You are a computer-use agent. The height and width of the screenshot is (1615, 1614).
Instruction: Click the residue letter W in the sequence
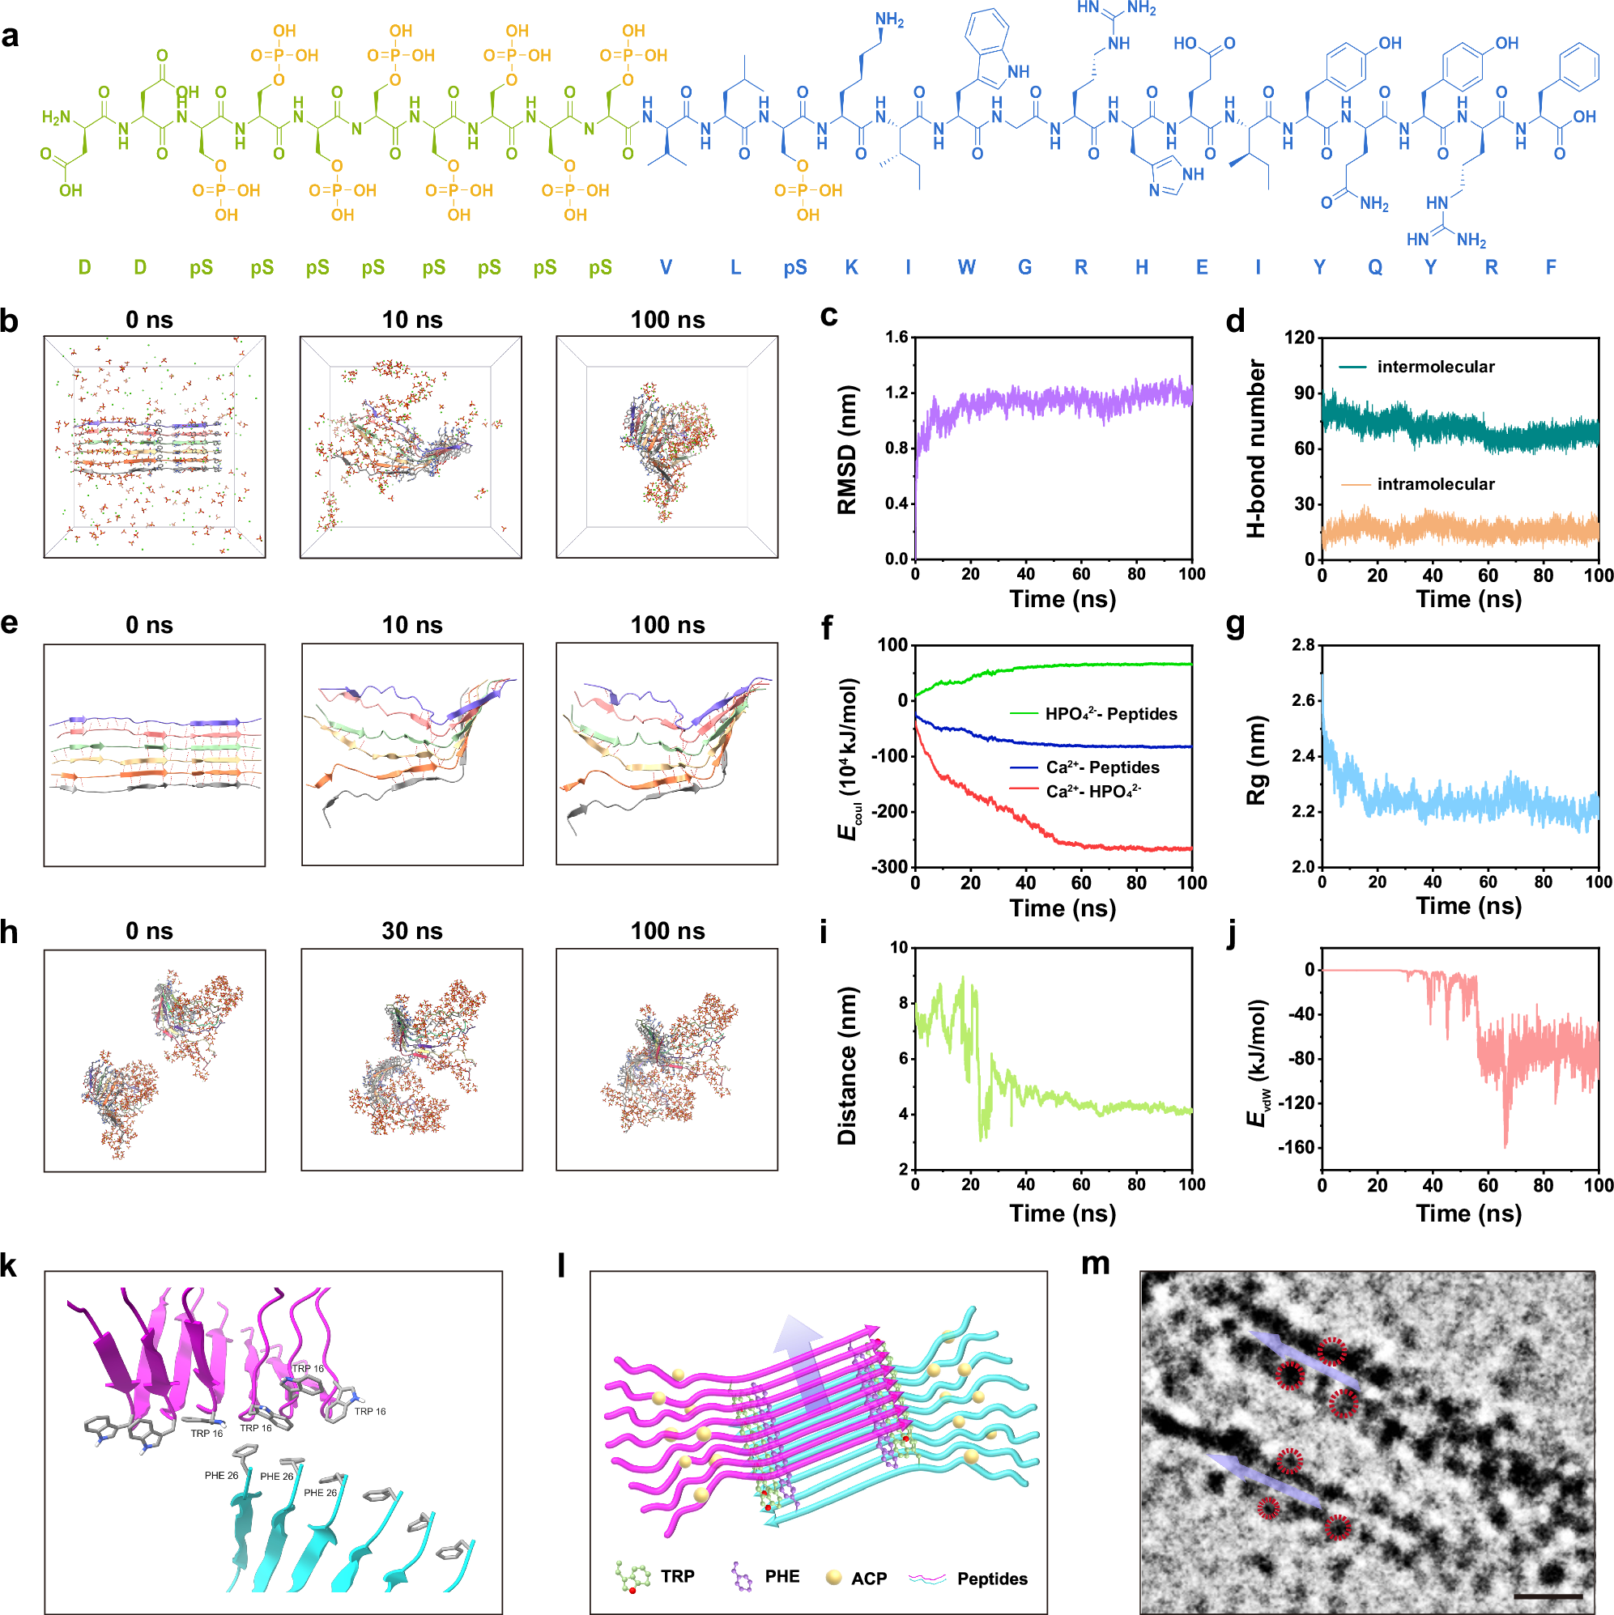click(966, 267)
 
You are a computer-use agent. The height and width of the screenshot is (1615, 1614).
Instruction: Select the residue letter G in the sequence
click(1024, 267)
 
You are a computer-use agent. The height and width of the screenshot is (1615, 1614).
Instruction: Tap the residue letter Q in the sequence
click(1375, 267)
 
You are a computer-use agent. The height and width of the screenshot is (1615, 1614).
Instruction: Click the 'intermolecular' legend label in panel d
click(1435, 366)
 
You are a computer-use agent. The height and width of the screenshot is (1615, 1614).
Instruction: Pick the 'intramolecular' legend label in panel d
click(1435, 484)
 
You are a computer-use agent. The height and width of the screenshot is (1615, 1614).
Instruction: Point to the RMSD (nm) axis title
click(846, 450)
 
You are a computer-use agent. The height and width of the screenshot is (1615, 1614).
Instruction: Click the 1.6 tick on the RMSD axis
click(896, 338)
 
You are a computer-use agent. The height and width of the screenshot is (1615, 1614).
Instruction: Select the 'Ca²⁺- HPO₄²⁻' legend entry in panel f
click(1093, 791)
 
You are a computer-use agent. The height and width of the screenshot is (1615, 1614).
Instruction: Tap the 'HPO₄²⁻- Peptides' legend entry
click(1110, 714)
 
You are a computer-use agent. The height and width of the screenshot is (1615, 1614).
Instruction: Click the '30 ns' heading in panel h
click(411, 931)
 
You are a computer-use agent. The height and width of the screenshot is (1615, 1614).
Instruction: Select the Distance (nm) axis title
click(846, 1066)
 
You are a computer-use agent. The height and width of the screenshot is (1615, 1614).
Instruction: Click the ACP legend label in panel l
click(869, 1579)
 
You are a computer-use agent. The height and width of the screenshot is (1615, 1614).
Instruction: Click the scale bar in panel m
click(1547, 1595)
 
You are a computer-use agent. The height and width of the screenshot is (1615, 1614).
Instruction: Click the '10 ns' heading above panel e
click(411, 625)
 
